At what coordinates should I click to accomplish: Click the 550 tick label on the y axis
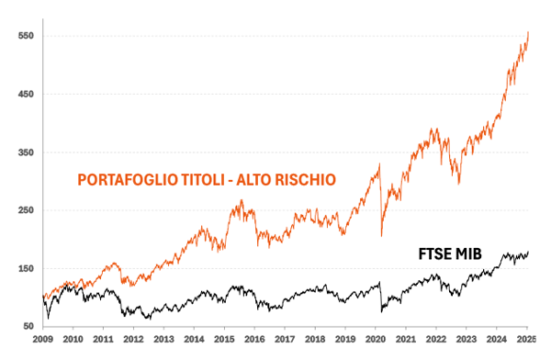(24, 36)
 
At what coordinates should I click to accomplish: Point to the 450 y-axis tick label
(24, 94)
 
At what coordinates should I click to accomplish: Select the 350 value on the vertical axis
(24, 152)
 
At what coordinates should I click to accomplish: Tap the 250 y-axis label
(24, 210)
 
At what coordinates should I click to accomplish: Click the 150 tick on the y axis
(24, 268)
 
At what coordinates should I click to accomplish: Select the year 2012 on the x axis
(134, 341)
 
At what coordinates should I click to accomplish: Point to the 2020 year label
(377, 341)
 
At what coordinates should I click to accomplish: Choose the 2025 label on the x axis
(526, 341)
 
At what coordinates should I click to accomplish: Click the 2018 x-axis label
(316, 341)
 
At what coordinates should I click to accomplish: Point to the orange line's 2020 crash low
(381, 236)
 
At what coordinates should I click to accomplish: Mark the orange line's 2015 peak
(241, 200)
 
